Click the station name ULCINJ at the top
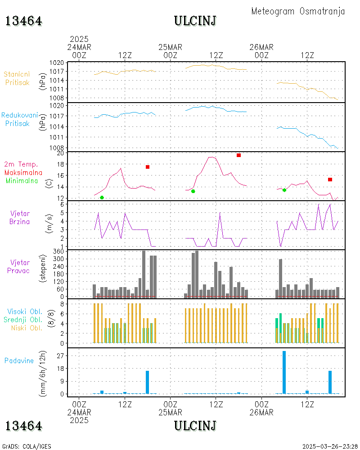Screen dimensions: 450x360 coord(195,21)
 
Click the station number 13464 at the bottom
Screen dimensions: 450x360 coord(24,426)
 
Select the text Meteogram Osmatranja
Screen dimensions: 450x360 coord(298,11)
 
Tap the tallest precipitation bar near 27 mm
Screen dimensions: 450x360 coord(284,372)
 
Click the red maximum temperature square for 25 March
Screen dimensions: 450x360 coord(238,155)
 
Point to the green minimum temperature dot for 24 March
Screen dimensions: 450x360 coord(102,198)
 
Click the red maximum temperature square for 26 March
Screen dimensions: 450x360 coord(330,180)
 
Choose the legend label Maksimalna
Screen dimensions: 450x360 coord(23,173)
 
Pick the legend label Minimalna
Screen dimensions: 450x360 coord(22,181)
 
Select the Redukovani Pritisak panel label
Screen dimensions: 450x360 coord(19,119)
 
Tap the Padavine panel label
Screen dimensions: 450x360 coord(19,360)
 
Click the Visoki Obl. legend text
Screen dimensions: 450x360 coord(25,311)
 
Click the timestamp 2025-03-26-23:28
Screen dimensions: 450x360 coord(329,446)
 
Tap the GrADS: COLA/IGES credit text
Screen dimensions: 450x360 coord(27,446)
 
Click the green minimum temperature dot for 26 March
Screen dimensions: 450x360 coord(284,190)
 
